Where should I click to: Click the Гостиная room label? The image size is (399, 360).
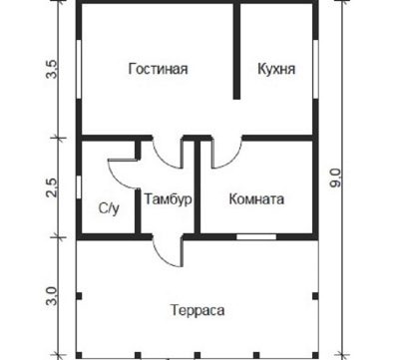pos(158,69)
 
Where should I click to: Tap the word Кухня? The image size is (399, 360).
pos(276,69)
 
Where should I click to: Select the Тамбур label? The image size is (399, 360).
pos(169,199)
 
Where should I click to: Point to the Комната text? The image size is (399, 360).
pos(256,199)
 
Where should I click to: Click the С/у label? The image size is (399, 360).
pos(109,208)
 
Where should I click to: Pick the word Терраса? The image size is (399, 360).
pos(198,310)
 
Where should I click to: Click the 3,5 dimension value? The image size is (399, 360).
pos(52,69)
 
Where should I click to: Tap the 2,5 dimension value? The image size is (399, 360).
pos(52,187)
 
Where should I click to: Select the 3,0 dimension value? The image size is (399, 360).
pos(52,296)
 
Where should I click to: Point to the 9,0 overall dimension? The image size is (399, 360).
pos(336,178)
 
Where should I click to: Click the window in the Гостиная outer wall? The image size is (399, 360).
pos(79,69)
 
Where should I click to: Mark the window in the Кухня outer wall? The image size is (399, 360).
pos(315,69)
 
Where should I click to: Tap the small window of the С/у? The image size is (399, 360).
pos(79,187)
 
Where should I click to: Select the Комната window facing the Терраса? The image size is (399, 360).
pos(256,237)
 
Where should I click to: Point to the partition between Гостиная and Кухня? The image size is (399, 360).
pos(236,52)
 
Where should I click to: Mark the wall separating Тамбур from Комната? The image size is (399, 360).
pos(198,187)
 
